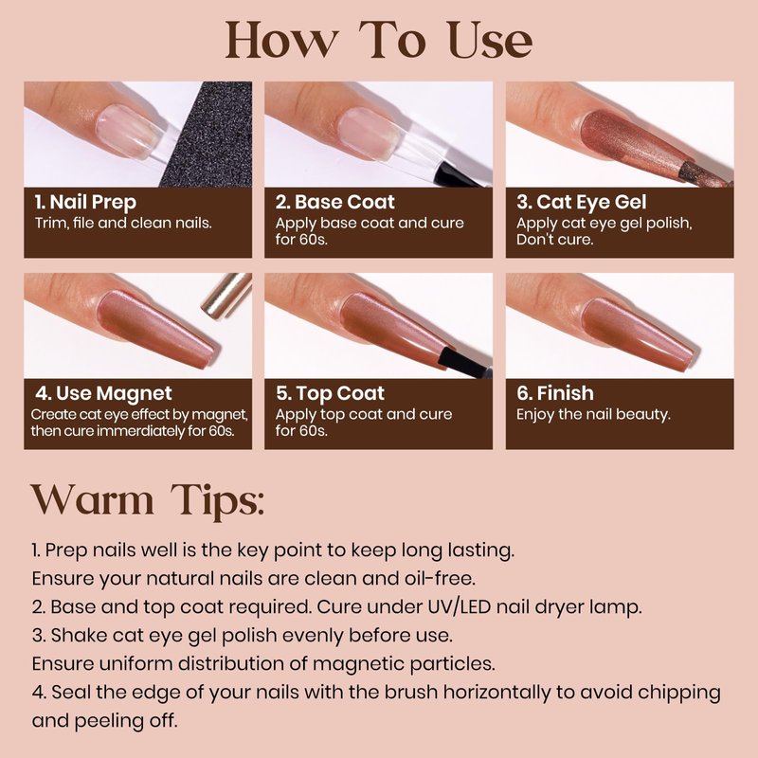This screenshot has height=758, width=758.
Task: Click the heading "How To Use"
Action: (378, 41)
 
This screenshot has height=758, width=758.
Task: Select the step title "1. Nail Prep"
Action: (85, 203)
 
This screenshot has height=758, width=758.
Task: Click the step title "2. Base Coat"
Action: (335, 202)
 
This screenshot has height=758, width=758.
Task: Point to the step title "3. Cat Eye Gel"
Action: (581, 203)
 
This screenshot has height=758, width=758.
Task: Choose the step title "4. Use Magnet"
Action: (103, 394)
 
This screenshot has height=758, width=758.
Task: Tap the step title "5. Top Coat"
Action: (330, 393)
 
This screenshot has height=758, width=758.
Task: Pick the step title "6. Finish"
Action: (555, 393)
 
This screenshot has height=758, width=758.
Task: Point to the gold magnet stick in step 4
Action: (226, 296)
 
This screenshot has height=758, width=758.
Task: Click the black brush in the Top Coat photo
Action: (465, 363)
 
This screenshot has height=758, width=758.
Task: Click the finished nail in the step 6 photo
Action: (639, 333)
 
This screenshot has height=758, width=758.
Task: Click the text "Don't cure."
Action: (554, 240)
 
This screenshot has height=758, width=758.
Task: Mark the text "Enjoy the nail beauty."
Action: (593, 415)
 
